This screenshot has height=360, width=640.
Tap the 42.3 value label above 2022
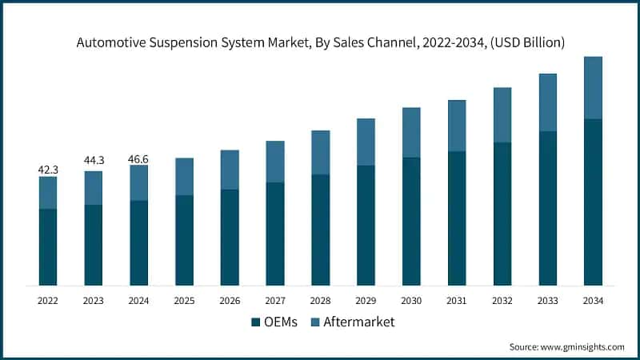pyautogui.click(x=48, y=170)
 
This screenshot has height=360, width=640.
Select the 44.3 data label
pyautogui.click(x=94, y=161)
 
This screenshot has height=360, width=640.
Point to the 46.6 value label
pyautogui.click(x=139, y=158)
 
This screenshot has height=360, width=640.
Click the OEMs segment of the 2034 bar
pyautogui.click(x=593, y=202)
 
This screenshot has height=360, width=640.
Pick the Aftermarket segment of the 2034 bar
pyautogui.click(x=593, y=88)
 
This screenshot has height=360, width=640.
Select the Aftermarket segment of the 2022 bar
pyautogui.click(x=48, y=193)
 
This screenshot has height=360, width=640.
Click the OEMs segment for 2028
pyautogui.click(x=320, y=230)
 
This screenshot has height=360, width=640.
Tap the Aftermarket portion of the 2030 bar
pyautogui.click(x=411, y=133)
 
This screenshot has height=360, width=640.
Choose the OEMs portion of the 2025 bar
pyautogui.click(x=184, y=240)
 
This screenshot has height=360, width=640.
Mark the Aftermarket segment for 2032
pyautogui.click(x=502, y=115)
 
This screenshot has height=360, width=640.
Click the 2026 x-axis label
pyautogui.click(x=230, y=301)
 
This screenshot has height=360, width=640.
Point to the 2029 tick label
pyautogui.click(x=366, y=301)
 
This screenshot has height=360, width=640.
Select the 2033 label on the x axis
pyautogui.click(x=547, y=301)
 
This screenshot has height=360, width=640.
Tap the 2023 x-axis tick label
pyautogui.click(x=94, y=301)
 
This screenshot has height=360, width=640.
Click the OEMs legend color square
pyautogui.click(x=255, y=322)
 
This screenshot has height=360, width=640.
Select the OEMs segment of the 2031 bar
pyautogui.click(x=457, y=218)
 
